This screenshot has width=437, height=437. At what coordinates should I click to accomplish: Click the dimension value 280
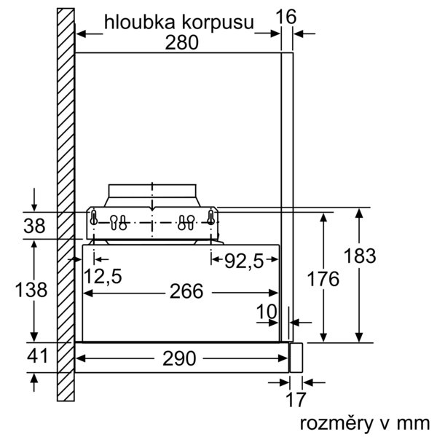click(181, 43)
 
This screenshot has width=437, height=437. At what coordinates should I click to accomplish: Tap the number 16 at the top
click(286, 17)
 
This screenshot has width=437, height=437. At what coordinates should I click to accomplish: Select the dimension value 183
click(360, 256)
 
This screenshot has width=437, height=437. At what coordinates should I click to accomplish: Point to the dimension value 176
click(323, 279)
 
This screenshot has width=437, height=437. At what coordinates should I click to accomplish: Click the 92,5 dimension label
click(244, 261)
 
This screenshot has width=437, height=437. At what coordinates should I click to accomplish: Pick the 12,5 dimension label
click(103, 277)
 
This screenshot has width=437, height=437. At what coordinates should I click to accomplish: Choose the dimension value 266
click(186, 291)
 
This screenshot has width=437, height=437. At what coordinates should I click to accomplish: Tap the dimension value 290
click(179, 358)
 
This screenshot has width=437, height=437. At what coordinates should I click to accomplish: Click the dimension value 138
click(31, 290)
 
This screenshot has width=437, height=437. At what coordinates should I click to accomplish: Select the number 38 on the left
click(34, 226)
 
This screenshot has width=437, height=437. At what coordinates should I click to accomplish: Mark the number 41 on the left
click(38, 356)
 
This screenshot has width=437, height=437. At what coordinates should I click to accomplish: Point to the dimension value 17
click(296, 400)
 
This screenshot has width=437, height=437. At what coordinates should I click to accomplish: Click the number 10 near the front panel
click(267, 312)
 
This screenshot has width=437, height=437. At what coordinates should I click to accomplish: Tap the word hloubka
click(141, 23)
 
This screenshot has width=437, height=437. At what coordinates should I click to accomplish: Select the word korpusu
click(218, 23)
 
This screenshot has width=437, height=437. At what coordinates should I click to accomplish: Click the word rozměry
click(336, 424)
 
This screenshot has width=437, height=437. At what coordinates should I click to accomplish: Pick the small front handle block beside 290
click(296, 358)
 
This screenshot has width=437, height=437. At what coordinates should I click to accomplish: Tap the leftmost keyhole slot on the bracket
click(94, 217)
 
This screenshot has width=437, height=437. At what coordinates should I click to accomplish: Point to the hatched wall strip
click(66, 205)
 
